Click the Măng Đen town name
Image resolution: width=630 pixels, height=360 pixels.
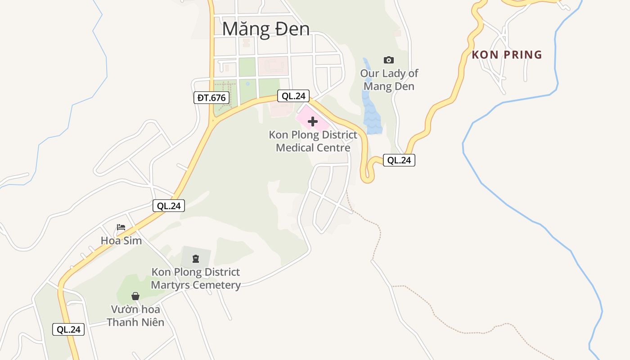(266, 29)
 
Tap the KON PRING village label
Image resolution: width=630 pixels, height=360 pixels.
(507, 55)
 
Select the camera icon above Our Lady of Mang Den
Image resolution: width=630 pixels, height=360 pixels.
(388, 60)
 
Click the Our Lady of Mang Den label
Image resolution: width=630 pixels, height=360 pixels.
(389, 80)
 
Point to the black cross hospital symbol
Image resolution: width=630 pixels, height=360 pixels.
(313, 121)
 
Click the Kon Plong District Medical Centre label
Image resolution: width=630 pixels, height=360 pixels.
(313, 141)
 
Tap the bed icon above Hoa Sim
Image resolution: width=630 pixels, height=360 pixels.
(121, 227)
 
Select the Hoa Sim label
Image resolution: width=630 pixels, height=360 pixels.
(121, 241)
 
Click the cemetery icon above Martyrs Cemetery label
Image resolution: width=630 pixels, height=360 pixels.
(195, 258)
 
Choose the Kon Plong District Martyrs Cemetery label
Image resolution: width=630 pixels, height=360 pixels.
(196, 279)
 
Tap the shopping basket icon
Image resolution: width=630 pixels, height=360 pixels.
(135, 296)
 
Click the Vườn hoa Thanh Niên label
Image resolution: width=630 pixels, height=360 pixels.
(135, 316)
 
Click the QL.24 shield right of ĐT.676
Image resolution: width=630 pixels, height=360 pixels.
(293, 96)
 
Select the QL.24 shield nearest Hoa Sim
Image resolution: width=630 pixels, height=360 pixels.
(169, 206)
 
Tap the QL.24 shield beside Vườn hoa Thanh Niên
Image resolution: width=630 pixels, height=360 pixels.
(68, 329)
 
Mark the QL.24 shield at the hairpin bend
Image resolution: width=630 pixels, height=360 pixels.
(399, 160)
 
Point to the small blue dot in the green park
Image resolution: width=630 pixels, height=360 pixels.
(247, 83)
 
